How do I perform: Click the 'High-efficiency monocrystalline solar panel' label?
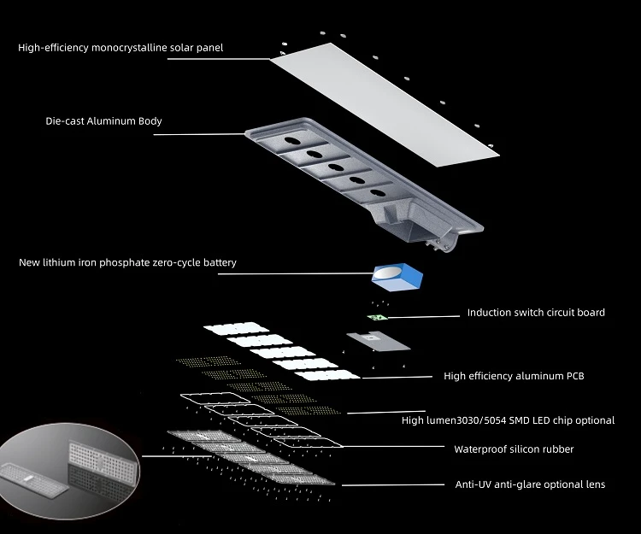coord(121,47)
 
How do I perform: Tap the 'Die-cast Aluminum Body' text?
coord(103,121)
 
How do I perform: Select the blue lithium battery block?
coord(397,277)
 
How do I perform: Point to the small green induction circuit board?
coord(377,317)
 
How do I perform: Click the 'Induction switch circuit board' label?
coord(536,313)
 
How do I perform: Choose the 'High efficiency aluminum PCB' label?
coord(514,376)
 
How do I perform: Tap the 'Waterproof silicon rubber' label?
coord(514,449)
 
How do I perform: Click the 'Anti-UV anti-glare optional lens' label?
coord(530,484)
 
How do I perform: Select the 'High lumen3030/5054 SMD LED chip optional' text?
coord(508,420)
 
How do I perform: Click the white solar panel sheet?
coord(385,104)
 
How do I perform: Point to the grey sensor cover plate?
coord(378,341)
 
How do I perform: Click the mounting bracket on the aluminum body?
coord(439,244)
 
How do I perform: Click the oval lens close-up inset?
coord(68,471)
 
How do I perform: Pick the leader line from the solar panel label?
coord(219,59)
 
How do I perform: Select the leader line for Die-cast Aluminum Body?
coord(199,134)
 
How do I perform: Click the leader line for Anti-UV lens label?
coord(393,485)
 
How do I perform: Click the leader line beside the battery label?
coord(296,273)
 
